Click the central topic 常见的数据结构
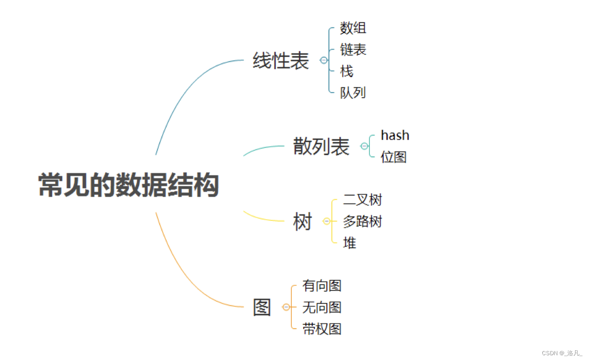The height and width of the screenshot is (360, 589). coord(129,186)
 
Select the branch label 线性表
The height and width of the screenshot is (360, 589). coord(281,60)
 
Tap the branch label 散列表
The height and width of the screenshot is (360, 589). coord(321,147)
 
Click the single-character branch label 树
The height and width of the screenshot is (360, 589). coord(302,222)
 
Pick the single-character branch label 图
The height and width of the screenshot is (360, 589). coord(262,307)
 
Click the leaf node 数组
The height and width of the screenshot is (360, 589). coord(353,28)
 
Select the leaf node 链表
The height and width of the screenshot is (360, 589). coord(353,50)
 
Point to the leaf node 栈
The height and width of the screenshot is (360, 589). coord(347,71)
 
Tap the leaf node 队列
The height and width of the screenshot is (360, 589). coord(353,92)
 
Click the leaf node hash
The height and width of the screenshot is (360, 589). coord(395,135)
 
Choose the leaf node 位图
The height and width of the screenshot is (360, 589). coord(394,157)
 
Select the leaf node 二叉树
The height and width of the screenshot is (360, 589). coord(362,200)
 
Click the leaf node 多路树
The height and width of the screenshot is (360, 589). coord(362,221)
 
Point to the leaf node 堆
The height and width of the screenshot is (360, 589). coord(350,243)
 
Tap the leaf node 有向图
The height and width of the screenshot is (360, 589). coord(322,286)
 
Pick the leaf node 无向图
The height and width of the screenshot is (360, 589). coord(322,307)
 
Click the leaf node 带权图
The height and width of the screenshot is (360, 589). coord(322,329)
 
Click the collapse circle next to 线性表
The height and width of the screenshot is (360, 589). coord(324,60)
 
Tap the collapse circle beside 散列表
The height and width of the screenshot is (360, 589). coord(364,146)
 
